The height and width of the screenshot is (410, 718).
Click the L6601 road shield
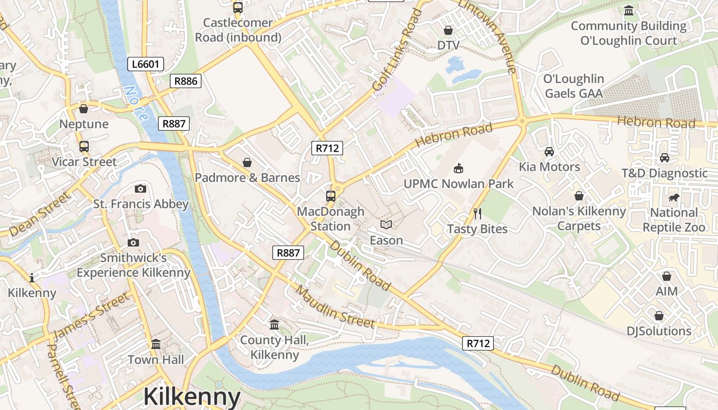click(x=146, y=64)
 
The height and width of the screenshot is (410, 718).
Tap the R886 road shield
click(x=185, y=80)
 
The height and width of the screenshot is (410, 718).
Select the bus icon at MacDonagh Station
click(x=331, y=196)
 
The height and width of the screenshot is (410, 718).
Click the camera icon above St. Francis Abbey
click(x=141, y=189)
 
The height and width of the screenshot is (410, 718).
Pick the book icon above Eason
click(x=386, y=224)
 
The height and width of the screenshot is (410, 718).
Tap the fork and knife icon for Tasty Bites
click(x=477, y=213)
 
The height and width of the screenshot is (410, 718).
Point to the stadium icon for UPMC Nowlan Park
click(x=458, y=168)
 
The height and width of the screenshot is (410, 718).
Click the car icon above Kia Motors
click(x=549, y=152)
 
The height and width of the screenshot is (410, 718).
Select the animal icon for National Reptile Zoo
click(x=673, y=197)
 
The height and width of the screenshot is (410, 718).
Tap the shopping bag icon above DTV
click(x=448, y=30)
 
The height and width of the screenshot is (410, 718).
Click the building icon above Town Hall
click(x=156, y=344)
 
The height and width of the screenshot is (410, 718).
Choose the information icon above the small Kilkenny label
click(x=32, y=278)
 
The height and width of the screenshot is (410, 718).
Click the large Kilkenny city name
click(x=192, y=397)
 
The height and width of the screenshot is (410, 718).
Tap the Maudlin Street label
click(x=335, y=307)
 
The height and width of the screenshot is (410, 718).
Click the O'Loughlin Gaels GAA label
click(x=573, y=86)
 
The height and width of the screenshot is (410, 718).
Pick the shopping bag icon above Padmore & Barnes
click(x=247, y=162)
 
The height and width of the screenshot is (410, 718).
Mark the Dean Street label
click(x=39, y=214)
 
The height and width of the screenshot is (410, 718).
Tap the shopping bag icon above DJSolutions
click(x=659, y=315)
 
